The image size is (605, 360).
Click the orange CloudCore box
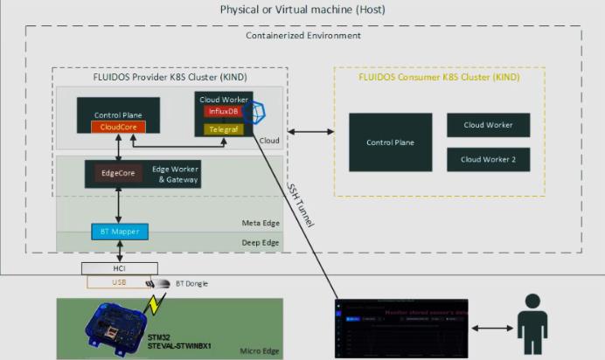click(118, 128)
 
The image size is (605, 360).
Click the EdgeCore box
click(111, 173)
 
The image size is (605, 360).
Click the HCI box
click(120, 268)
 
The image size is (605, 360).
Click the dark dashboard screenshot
click(401, 329)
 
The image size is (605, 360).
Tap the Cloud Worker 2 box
click(488, 160)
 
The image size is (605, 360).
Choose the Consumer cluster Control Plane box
click(390, 142)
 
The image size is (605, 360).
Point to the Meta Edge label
click(262, 224)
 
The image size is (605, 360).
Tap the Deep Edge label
click(262, 242)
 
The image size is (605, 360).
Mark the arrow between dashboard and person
click(494, 329)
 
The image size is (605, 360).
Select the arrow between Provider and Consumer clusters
click(310, 132)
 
